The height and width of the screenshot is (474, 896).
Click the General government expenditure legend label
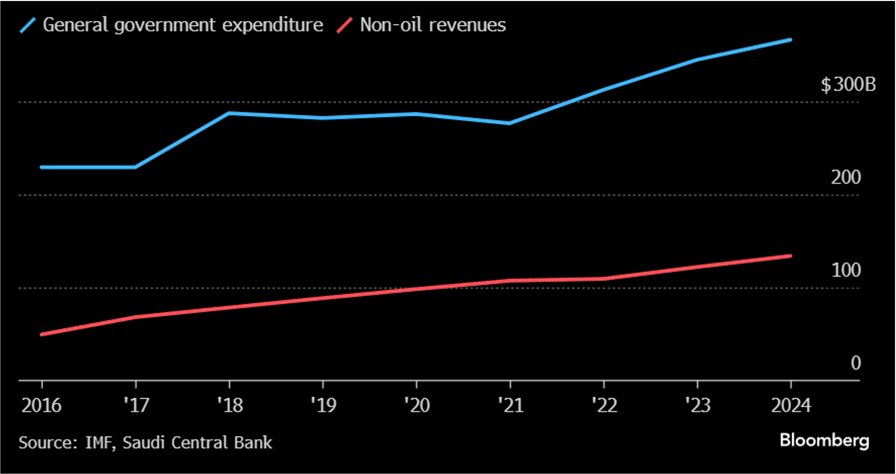(183, 25)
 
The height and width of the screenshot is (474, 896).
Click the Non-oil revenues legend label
(433, 25)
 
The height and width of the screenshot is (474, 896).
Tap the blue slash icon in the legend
(28, 25)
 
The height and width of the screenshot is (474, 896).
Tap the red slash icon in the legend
(344, 25)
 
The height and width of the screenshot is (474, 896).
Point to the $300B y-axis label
(848, 85)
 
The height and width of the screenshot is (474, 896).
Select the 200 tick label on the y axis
(846, 177)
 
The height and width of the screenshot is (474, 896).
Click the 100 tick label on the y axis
(846, 270)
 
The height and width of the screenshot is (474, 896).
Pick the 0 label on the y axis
(856, 363)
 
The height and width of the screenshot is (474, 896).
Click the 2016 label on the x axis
(41, 405)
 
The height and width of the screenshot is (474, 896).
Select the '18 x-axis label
(230, 405)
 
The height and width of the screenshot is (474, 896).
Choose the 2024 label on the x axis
(791, 405)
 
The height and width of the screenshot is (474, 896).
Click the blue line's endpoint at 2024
(791, 40)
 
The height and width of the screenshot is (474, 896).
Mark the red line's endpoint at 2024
(791, 256)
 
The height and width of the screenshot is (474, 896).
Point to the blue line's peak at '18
(229, 113)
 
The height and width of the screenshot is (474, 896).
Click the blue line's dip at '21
(509, 123)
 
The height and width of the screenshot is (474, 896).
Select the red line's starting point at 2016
(42, 334)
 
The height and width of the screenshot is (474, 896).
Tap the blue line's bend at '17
(135, 167)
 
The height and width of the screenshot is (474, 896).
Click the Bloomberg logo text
(824, 441)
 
